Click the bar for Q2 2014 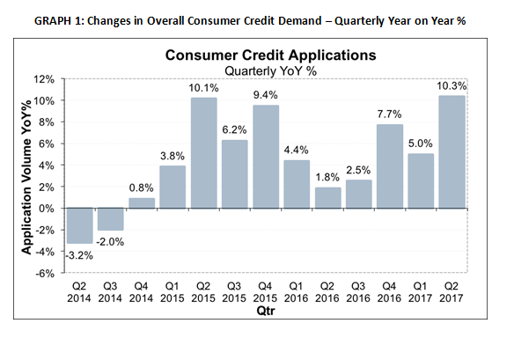click(x=80, y=225)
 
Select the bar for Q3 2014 click(x=111, y=219)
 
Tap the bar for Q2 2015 click(x=203, y=153)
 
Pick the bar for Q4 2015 click(x=266, y=157)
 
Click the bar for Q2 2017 click(x=452, y=151)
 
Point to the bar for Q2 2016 click(x=327, y=198)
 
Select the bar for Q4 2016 click(x=390, y=166)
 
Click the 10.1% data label click(x=203, y=88)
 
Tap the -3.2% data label click(x=79, y=255)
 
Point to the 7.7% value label click(x=389, y=114)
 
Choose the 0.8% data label click(x=142, y=187)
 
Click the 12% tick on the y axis click(x=44, y=79)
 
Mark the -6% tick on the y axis click(x=45, y=273)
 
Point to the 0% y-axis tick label click(x=47, y=209)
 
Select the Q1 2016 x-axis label click(x=297, y=292)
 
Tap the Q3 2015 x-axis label click(x=234, y=292)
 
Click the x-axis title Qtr click(x=266, y=310)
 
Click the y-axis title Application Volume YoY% click(x=26, y=177)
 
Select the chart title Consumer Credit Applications click(x=271, y=55)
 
